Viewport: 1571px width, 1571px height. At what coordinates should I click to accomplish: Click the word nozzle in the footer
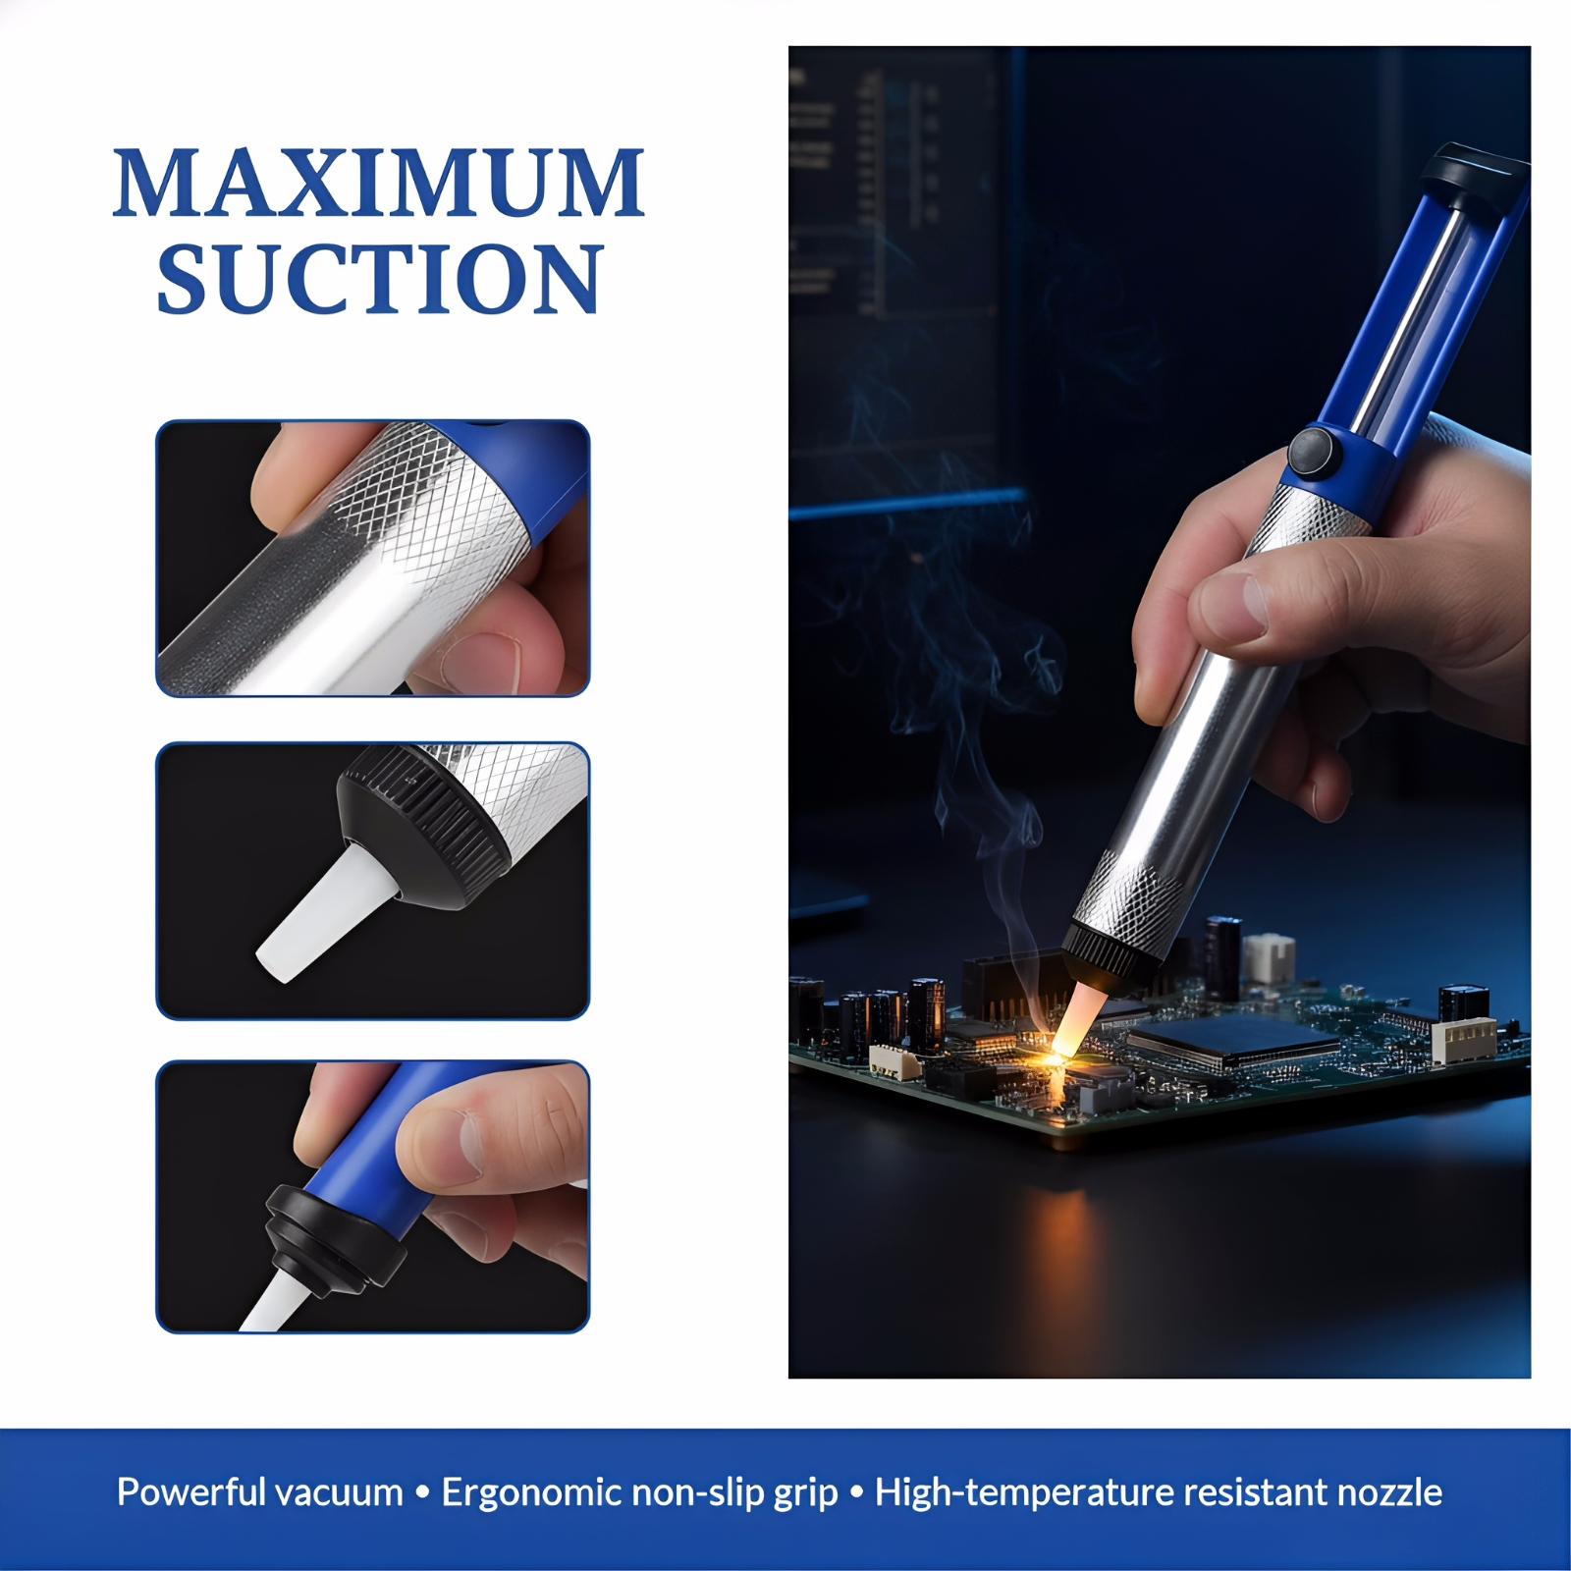point(1391,1493)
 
